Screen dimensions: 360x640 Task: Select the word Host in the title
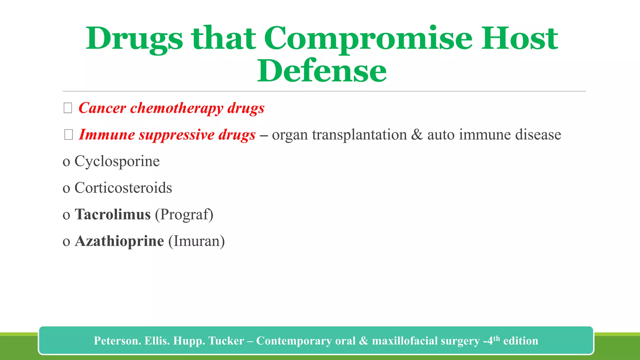pyautogui.click(x=519, y=39)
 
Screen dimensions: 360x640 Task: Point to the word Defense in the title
pyautogui.click(x=322, y=71)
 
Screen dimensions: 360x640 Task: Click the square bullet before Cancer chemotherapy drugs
pyautogui.click(x=68, y=108)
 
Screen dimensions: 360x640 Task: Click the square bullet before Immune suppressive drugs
pyautogui.click(x=68, y=135)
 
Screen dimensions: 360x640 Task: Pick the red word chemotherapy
pyautogui.click(x=177, y=108)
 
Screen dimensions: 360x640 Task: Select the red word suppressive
pyautogui.click(x=176, y=135)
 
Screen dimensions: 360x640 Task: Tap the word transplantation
pyautogui.click(x=359, y=135)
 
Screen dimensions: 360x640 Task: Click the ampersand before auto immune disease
pyautogui.click(x=417, y=135)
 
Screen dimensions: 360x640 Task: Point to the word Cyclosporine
pyautogui.click(x=117, y=161)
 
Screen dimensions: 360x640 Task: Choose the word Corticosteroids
pyautogui.click(x=123, y=188)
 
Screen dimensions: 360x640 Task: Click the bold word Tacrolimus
pyautogui.click(x=113, y=214)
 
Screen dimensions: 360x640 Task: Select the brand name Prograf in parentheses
pyautogui.click(x=184, y=214)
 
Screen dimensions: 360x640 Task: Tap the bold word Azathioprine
pyautogui.click(x=119, y=241)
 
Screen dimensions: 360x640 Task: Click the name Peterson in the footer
pyautogui.click(x=117, y=341)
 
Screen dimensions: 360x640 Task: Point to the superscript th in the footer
pyautogui.click(x=497, y=338)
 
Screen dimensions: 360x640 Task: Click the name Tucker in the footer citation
pyautogui.click(x=226, y=341)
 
